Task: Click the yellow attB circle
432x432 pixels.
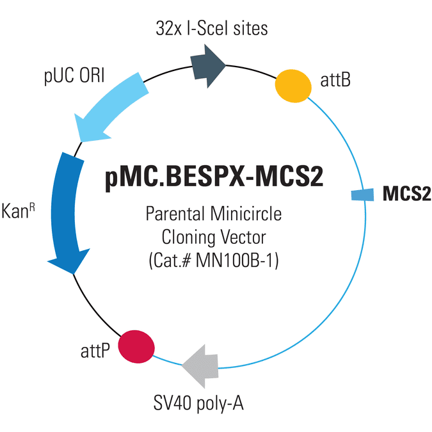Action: [293, 86]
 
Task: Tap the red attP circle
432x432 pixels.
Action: [136, 347]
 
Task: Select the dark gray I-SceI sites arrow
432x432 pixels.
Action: [208, 66]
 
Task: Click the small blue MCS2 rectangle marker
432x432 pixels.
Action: [363, 195]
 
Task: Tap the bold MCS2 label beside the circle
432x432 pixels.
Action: [406, 194]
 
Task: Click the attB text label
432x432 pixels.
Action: [335, 80]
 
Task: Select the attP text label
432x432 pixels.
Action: [95, 351]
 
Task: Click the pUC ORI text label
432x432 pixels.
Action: [74, 76]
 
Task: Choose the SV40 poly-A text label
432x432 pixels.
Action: [198, 404]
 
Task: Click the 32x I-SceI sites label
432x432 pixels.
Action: [212, 28]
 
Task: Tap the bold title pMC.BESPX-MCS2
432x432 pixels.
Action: [214, 177]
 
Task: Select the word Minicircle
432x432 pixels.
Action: [246, 214]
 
